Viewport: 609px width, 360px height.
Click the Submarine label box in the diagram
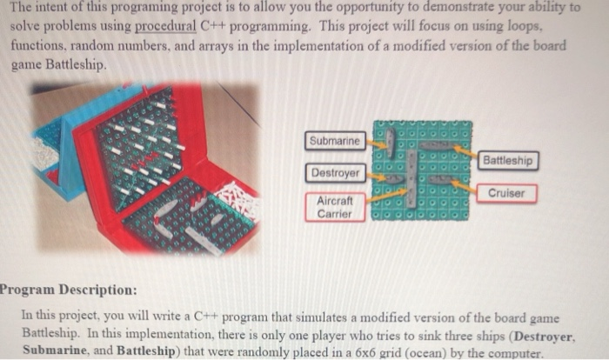334,141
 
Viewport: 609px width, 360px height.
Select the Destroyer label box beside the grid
333,172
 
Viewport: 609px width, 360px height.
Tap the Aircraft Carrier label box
334,207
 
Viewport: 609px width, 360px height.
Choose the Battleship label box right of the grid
509,160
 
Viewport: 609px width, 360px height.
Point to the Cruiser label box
506,193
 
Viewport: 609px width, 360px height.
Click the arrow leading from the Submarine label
376,139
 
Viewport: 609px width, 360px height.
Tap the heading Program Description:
68,289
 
